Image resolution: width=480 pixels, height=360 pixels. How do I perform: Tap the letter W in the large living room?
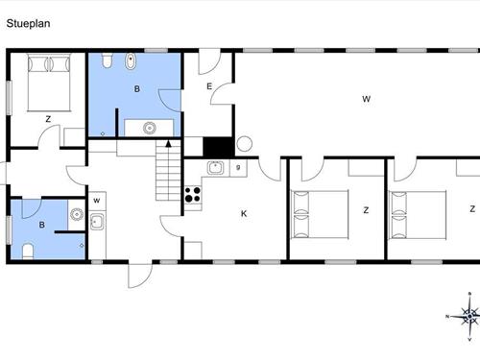[366, 99]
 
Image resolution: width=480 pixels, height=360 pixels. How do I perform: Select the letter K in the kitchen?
[244, 213]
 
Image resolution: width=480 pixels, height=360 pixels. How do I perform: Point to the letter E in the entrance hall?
[209, 87]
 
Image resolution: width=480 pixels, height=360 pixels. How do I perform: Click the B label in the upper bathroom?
[137, 88]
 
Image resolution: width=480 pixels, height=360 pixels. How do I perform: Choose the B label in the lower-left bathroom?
[41, 226]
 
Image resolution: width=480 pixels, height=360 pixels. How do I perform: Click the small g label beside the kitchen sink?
[238, 169]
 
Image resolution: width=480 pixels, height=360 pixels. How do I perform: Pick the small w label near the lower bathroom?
[97, 200]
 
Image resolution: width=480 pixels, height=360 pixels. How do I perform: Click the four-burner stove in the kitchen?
[193, 194]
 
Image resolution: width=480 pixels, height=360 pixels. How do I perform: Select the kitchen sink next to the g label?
[216, 169]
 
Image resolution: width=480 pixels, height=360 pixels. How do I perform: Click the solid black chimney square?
[218, 146]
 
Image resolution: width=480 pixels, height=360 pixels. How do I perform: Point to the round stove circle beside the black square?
[244, 145]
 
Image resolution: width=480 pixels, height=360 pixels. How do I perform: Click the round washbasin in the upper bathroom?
[150, 126]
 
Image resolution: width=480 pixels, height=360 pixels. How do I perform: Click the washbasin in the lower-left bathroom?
[97, 223]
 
